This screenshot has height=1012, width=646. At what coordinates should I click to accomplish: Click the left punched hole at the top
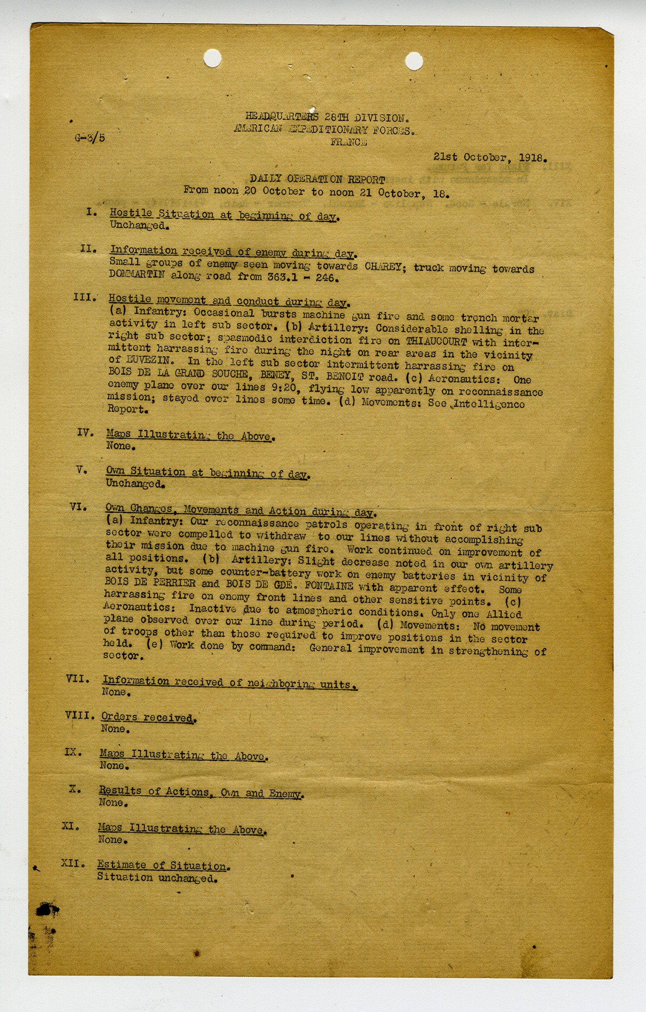(x=212, y=58)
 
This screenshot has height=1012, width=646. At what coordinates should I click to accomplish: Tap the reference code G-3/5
(x=90, y=138)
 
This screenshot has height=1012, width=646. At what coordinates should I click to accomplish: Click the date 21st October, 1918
(x=490, y=158)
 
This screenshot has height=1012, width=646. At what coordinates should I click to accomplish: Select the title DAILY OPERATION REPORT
(x=317, y=179)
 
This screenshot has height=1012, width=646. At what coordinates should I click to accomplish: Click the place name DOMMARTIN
(x=137, y=274)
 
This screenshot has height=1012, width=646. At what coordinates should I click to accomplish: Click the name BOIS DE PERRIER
(x=150, y=583)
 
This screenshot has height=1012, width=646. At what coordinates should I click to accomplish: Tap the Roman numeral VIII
(x=80, y=715)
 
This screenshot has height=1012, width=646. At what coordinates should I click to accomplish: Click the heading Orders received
(x=149, y=717)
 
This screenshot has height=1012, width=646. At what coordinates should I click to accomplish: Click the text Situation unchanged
(x=157, y=878)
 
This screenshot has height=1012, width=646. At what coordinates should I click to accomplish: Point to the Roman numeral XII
(x=73, y=863)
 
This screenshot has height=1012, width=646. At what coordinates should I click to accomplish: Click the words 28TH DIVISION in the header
(x=366, y=118)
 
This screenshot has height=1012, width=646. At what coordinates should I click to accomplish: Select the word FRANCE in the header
(x=349, y=142)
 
